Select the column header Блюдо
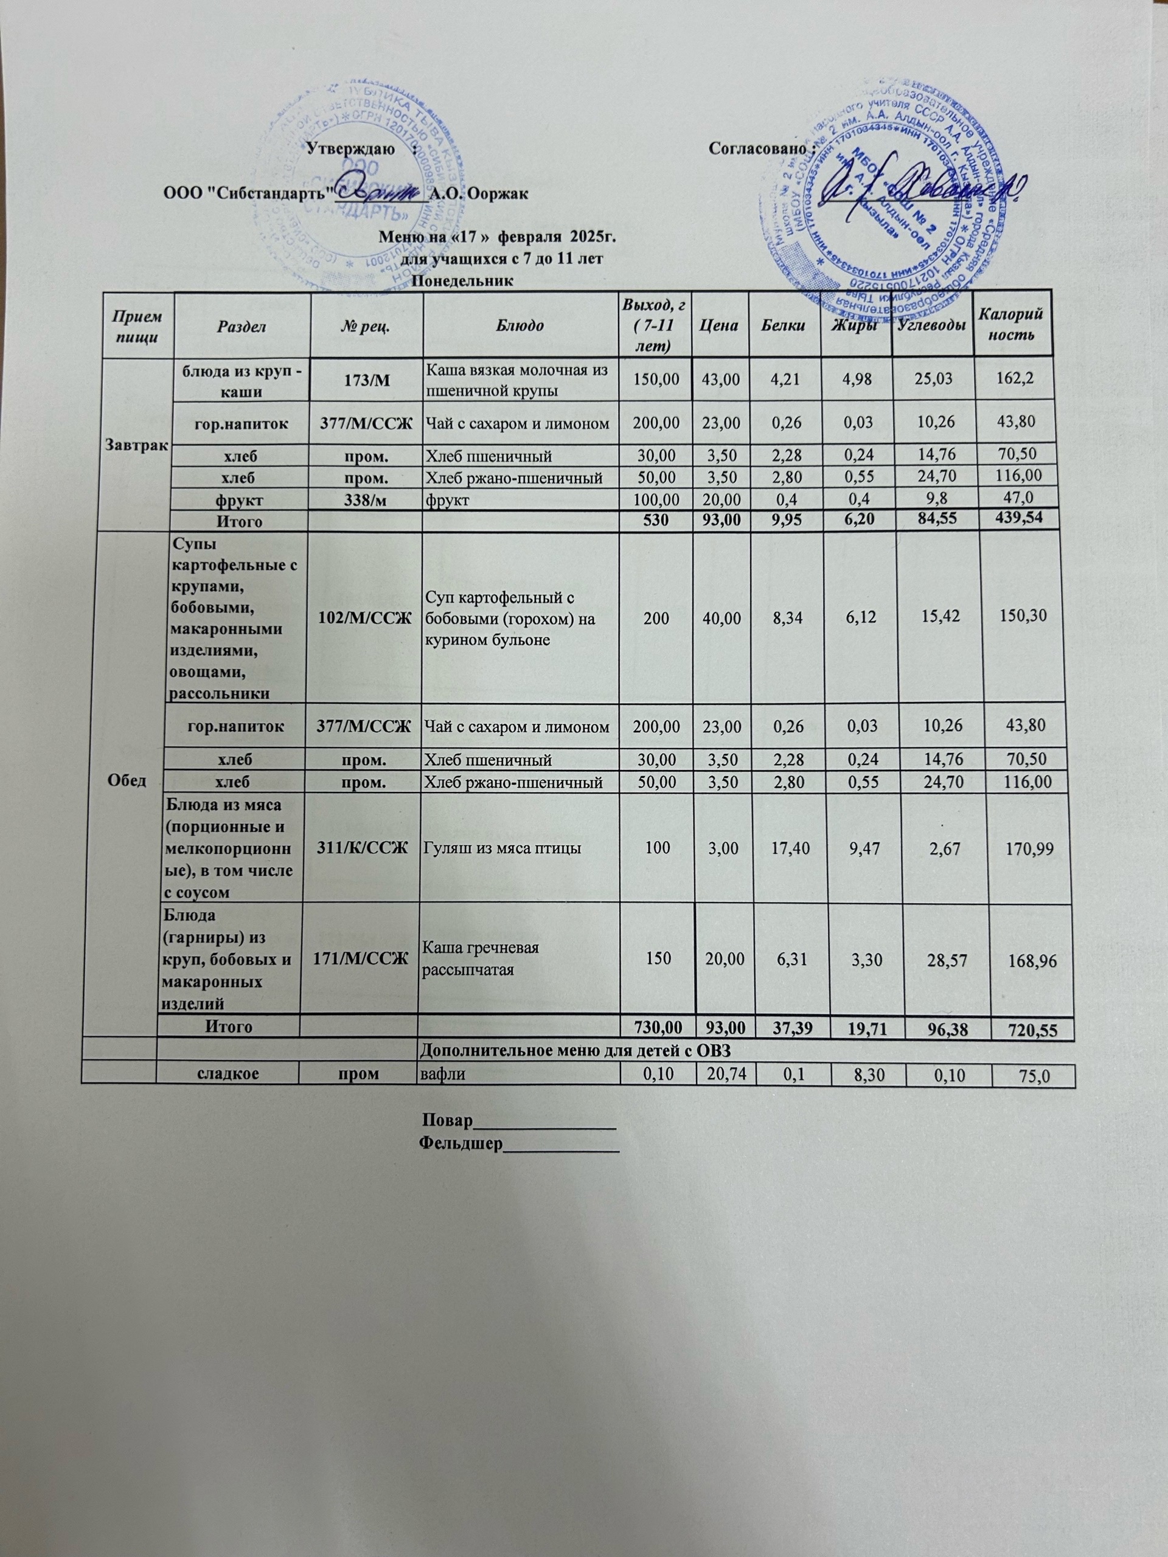520,325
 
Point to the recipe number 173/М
366,380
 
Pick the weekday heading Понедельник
460,281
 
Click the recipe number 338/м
366,499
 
